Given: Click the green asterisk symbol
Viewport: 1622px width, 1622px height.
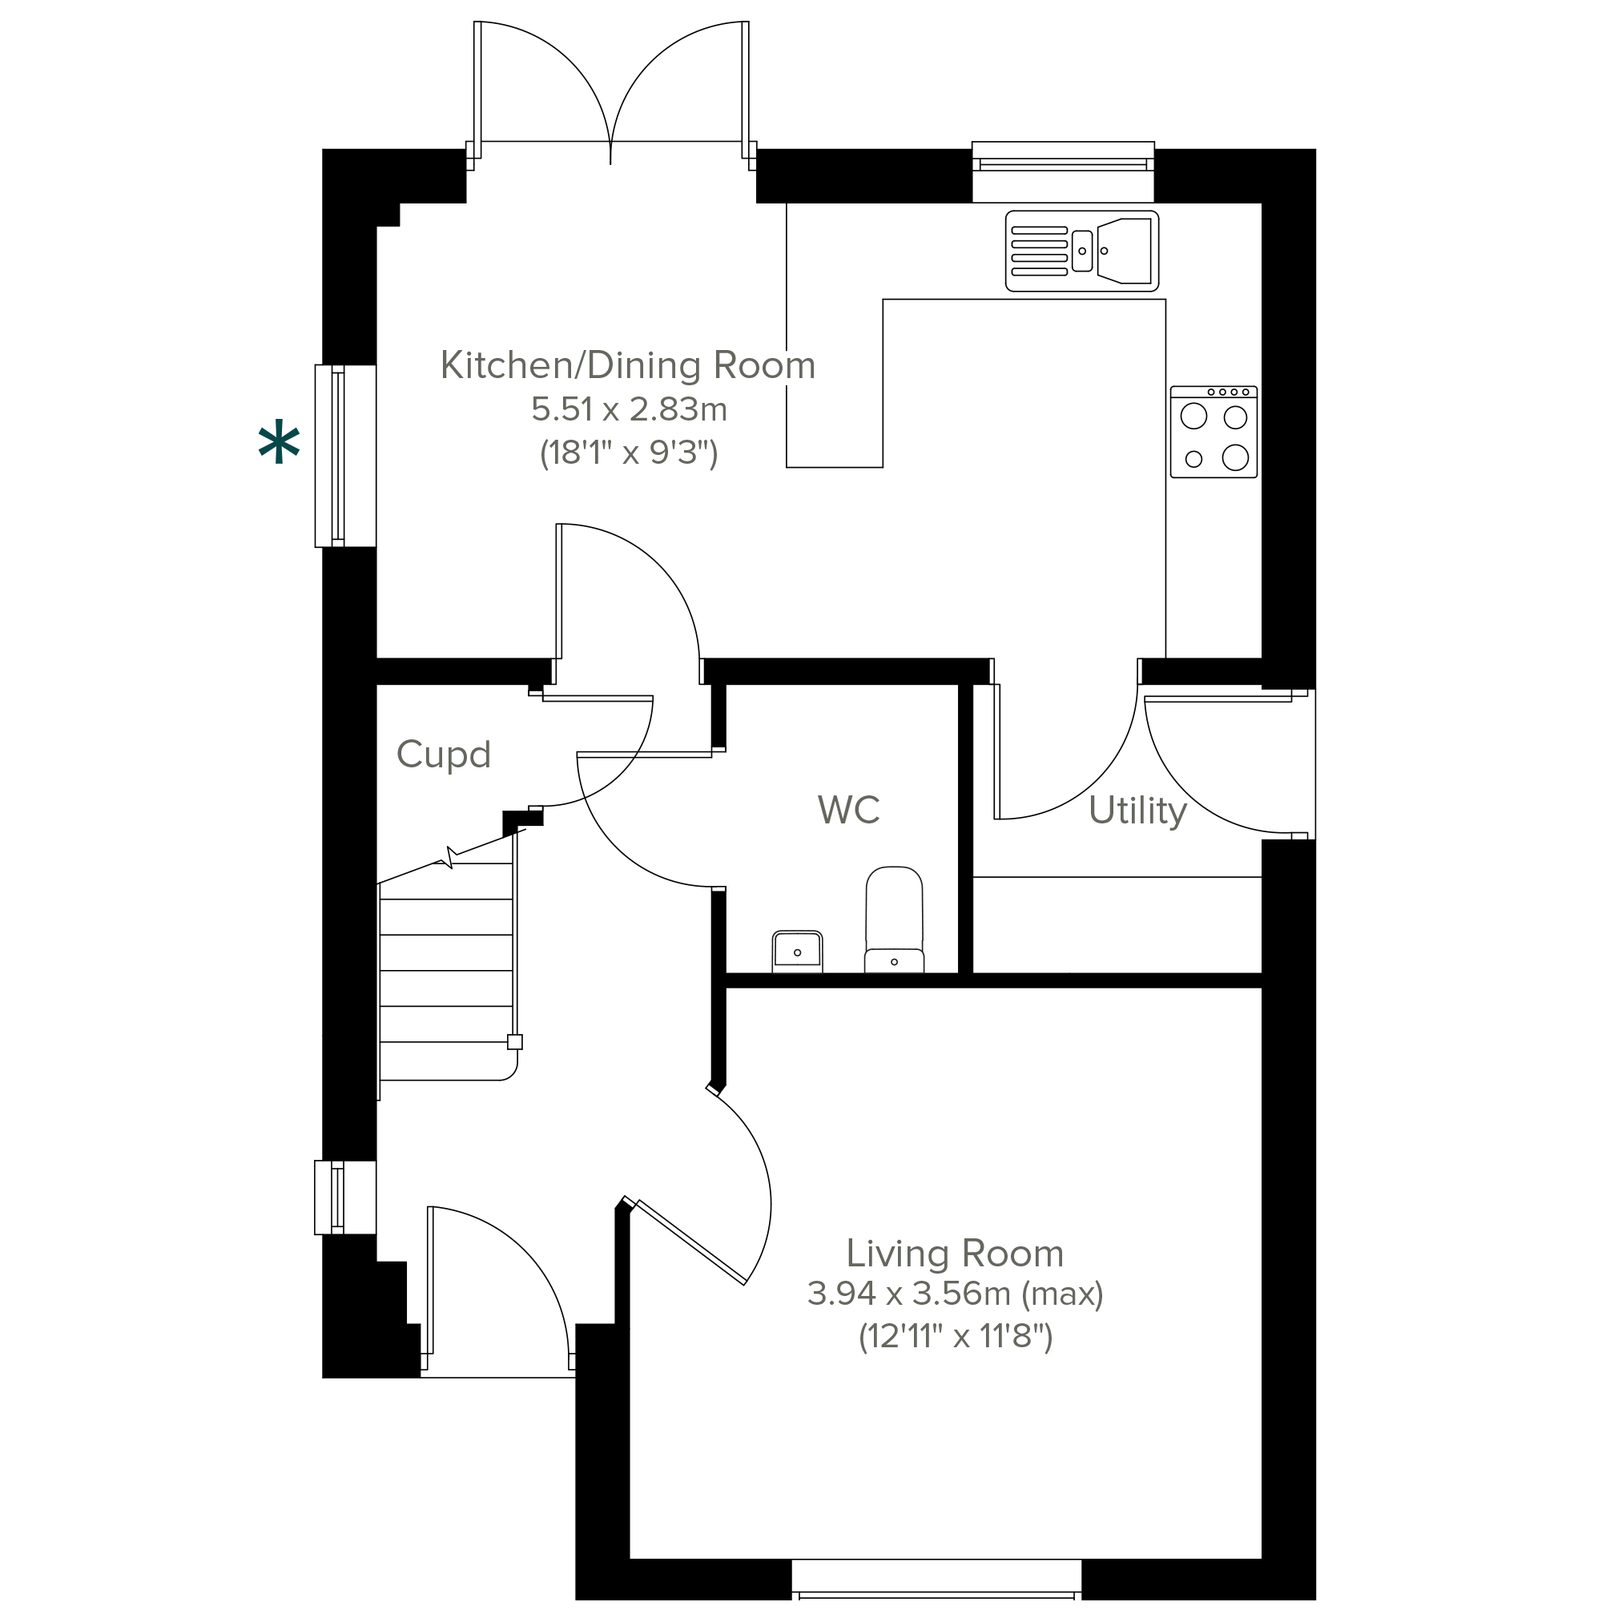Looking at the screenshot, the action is point(279,445).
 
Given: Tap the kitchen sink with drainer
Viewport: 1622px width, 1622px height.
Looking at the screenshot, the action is point(1082,251).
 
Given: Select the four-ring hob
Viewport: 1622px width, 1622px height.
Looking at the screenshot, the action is point(1214,432).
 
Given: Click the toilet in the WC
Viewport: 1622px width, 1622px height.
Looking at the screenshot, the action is point(894,920).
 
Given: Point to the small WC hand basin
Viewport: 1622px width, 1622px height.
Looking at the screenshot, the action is point(797,952).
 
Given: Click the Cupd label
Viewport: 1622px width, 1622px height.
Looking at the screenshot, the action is point(443,755).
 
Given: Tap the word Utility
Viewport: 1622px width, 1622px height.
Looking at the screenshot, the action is point(1137,811).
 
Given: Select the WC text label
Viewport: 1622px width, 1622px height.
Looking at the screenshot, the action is point(849,809).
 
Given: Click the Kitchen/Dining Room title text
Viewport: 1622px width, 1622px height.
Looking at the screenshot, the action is point(628,365).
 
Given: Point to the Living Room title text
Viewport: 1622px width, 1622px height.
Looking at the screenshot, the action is point(956,1254).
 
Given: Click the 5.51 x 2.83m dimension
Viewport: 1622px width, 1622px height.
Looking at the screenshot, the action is point(630,409).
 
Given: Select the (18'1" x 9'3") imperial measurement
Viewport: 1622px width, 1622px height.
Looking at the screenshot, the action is point(629,453).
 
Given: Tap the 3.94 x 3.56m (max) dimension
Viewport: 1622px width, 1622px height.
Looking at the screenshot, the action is point(956,1294).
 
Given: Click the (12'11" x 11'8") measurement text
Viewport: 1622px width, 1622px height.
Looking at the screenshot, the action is point(956,1336).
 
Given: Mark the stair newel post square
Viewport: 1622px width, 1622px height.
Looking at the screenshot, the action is point(515,1042).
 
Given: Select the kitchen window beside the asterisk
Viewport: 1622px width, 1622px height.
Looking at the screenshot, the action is point(345,456).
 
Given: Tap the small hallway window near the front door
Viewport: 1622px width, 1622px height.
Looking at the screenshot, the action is point(345,1197).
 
